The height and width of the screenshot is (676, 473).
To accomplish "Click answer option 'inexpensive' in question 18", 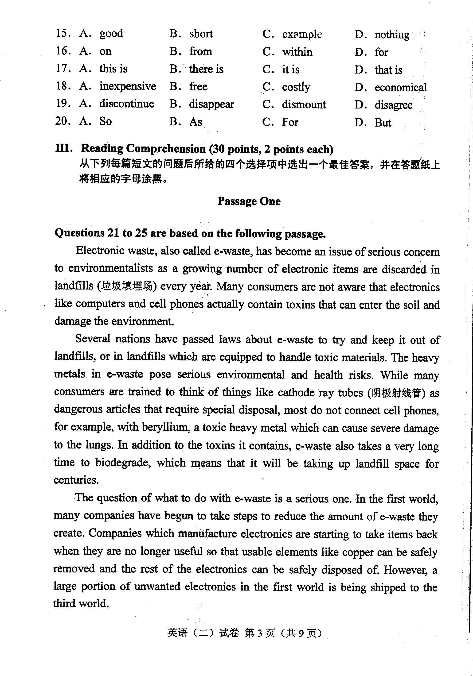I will point(127,86).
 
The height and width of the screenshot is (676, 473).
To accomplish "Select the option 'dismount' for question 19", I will point(304,104).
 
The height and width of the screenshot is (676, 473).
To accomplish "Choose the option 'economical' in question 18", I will point(400,87).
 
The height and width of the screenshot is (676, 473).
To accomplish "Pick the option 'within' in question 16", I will point(297,52).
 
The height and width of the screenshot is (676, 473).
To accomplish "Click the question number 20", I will point(63,121).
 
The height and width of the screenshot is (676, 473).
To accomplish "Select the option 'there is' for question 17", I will point(206,69).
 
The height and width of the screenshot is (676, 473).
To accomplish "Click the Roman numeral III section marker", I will point(64,148).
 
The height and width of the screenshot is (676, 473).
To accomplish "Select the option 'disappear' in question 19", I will point(211,104).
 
